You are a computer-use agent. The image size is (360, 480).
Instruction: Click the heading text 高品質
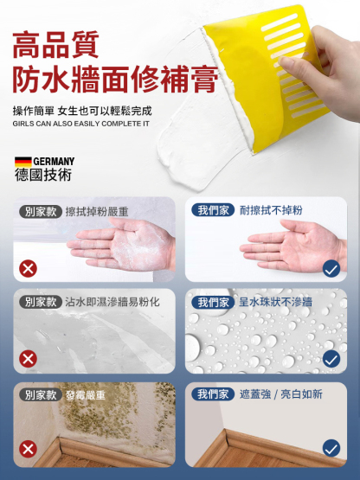click(56, 44)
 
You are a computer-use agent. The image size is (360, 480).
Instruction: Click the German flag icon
click(22, 161)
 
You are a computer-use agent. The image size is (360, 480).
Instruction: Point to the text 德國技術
click(43, 175)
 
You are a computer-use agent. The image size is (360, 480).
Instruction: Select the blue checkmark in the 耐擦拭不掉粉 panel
click(331, 268)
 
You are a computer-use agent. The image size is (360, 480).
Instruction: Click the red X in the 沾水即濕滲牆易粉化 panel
click(29, 358)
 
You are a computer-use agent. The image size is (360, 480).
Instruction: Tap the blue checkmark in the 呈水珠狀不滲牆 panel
click(331, 358)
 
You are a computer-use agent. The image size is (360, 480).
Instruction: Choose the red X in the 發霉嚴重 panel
click(29, 448)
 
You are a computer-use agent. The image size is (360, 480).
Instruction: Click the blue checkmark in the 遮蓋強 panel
click(331, 448)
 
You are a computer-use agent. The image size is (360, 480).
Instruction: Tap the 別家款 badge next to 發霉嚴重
click(41, 394)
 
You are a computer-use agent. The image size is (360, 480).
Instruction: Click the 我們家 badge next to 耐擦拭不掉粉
click(213, 210)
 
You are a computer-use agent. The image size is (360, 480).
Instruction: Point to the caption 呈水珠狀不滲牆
click(276, 302)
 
